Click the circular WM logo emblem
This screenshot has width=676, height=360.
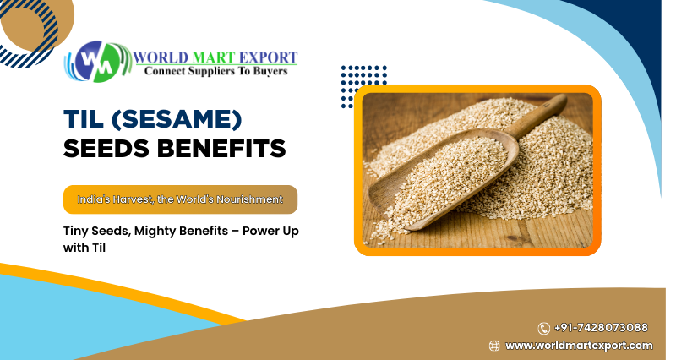point(97,62)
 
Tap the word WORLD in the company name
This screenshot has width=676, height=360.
point(161,57)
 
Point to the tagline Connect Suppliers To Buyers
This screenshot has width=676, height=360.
point(215,71)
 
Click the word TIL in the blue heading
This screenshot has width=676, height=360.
point(84,119)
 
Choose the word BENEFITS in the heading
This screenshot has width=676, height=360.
point(221,149)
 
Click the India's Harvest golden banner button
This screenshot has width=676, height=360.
point(180,199)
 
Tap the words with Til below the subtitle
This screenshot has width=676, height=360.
point(84,248)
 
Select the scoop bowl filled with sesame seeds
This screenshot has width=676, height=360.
point(444,179)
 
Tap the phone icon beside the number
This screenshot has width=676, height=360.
point(543,329)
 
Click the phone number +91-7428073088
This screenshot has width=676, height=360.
point(601,328)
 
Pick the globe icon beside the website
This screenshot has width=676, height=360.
point(494,346)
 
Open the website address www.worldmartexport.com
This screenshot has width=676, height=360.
point(579,346)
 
